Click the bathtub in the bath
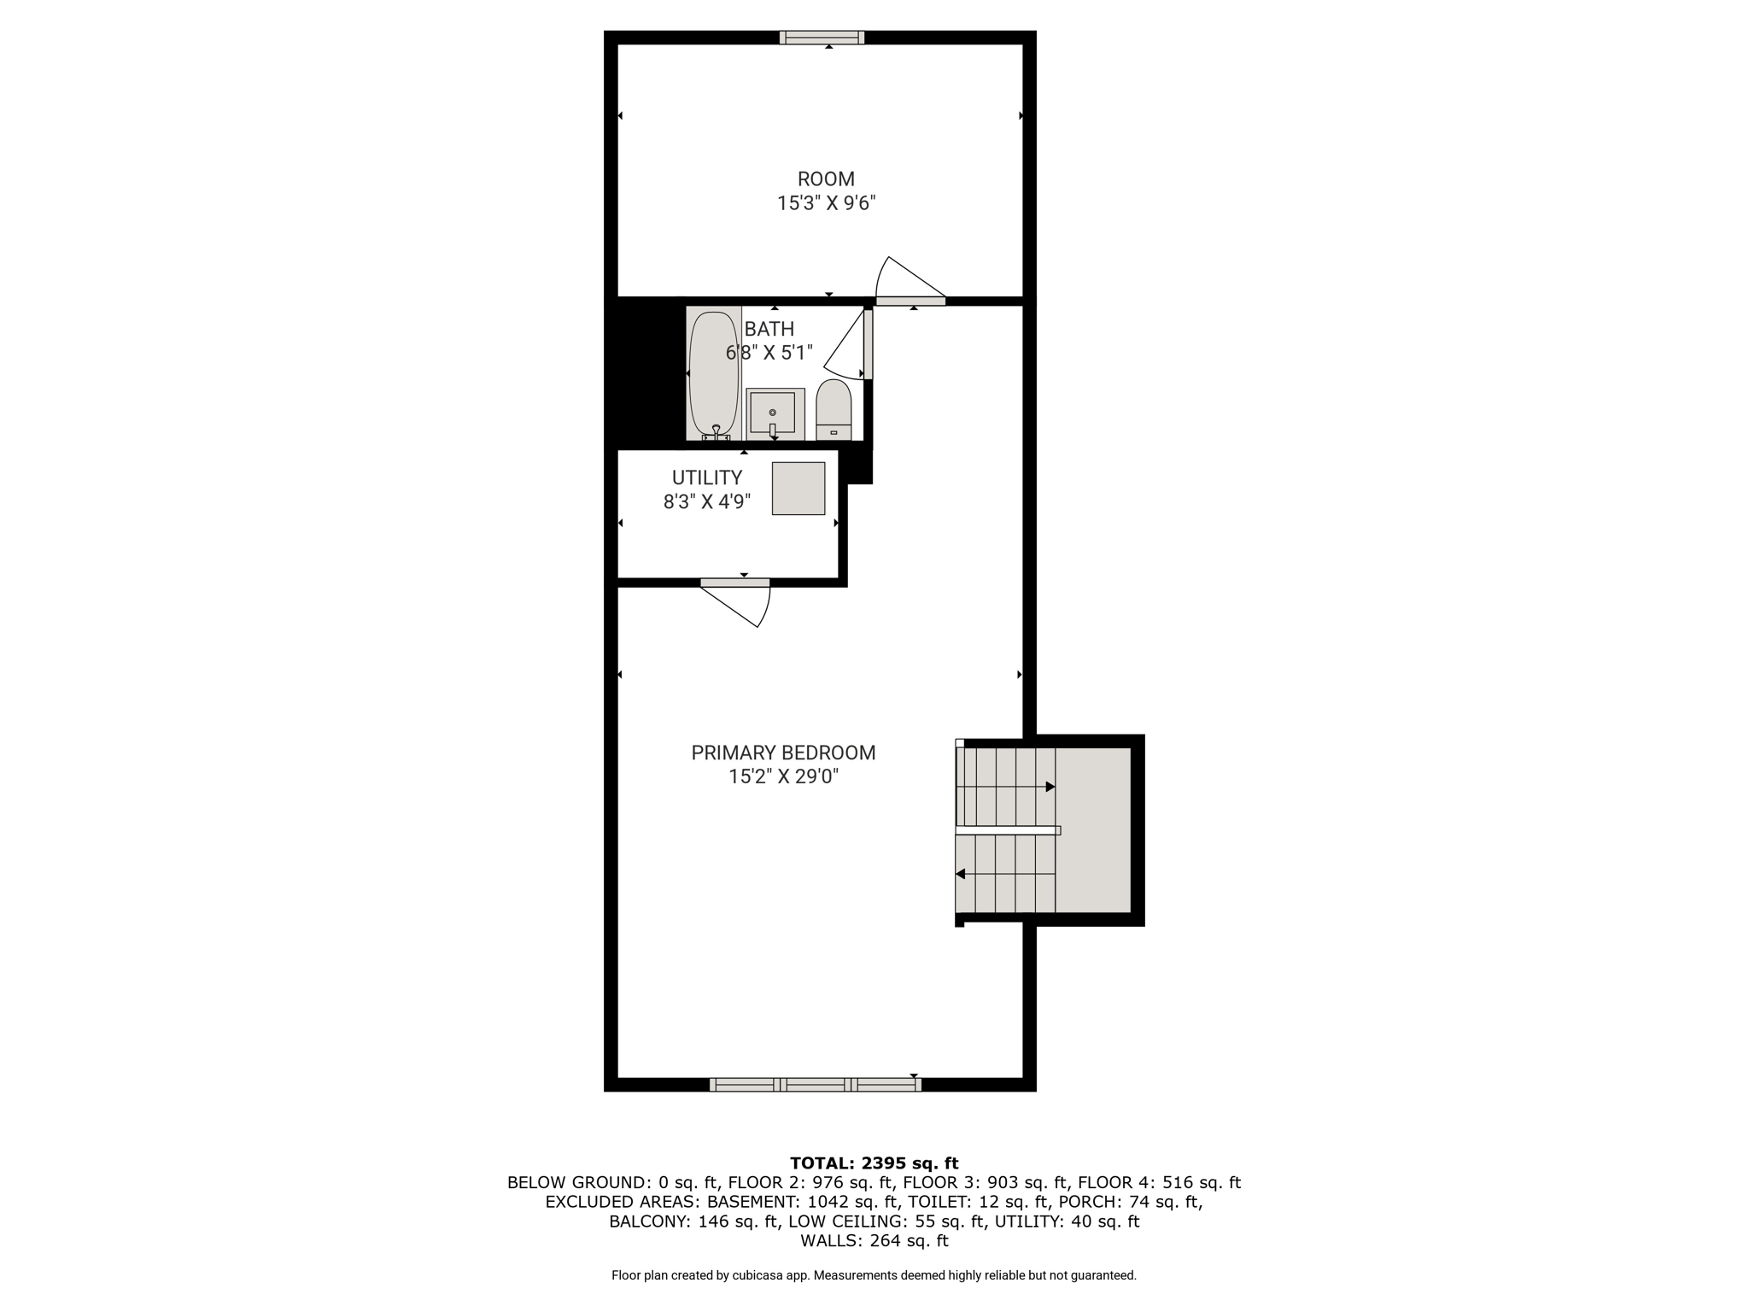[714, 373]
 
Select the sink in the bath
[775, 414]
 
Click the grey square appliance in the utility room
[798, 489]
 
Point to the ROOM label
[826, 179]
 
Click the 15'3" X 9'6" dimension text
[826, 203]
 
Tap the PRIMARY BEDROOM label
[783, 753]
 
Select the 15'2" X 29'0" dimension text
[783, 776]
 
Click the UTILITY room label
[707, 477]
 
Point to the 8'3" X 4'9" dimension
[707, 501]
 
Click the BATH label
[769, 329]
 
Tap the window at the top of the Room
[822, 38]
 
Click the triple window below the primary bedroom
[815, 1085]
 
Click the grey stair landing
[1094, 830]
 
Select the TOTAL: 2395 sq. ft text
[874, 1163]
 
